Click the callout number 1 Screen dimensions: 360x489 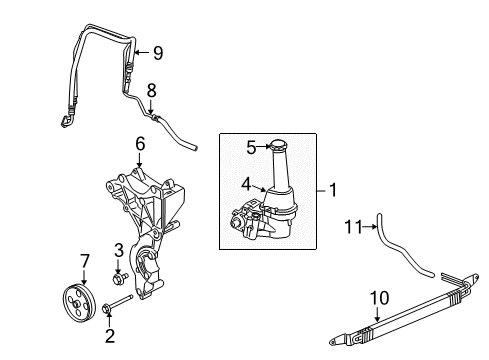pyautogui.click(x=332, y=188)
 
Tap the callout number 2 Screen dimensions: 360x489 pyautogui.click(x=110, y=336)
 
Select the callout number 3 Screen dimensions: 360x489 pyautogui.click(x=118, y=250)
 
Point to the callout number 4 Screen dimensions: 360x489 pyautogui.click(x=244, y=183)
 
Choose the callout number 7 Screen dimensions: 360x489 pyautogui.click(x=84, y=262)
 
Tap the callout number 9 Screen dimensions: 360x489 pyautogui.click(x=157, y=53)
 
